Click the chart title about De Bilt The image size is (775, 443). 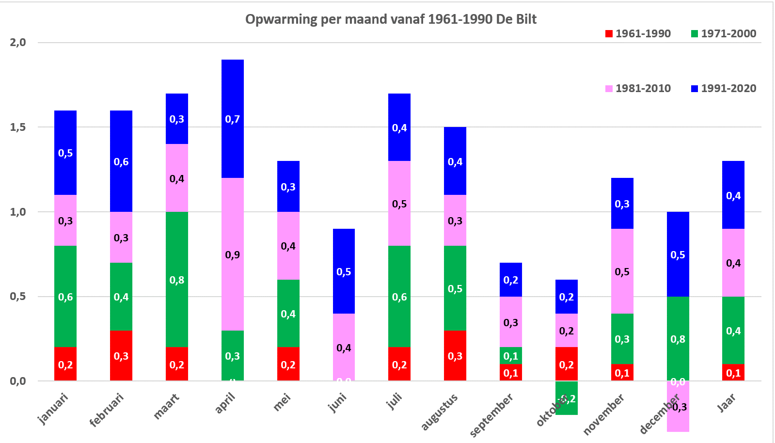point(391,19)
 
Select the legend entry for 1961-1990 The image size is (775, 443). point(638,34)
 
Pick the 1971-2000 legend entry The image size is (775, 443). point(724,34)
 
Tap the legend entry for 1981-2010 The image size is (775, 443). point(638,89)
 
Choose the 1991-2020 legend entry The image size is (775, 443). point(724,89)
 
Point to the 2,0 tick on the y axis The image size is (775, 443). point(18,42)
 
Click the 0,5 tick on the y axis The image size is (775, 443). point(18,296)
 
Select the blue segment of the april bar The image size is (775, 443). point(233,119)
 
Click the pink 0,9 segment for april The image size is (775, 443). point(233,254)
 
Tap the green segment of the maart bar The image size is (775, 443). point(177,280)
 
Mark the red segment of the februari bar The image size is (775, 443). point(121,356)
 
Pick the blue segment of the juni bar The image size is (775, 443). point(344,271)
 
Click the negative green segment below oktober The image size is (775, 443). point(567,398)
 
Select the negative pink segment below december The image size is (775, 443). point(678,407)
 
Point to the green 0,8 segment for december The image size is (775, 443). point(678,338)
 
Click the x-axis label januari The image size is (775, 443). point(53,409)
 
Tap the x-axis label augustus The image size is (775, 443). point(440,412)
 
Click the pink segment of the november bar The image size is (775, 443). point(622,271)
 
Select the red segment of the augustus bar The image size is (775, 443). point(455,356)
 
